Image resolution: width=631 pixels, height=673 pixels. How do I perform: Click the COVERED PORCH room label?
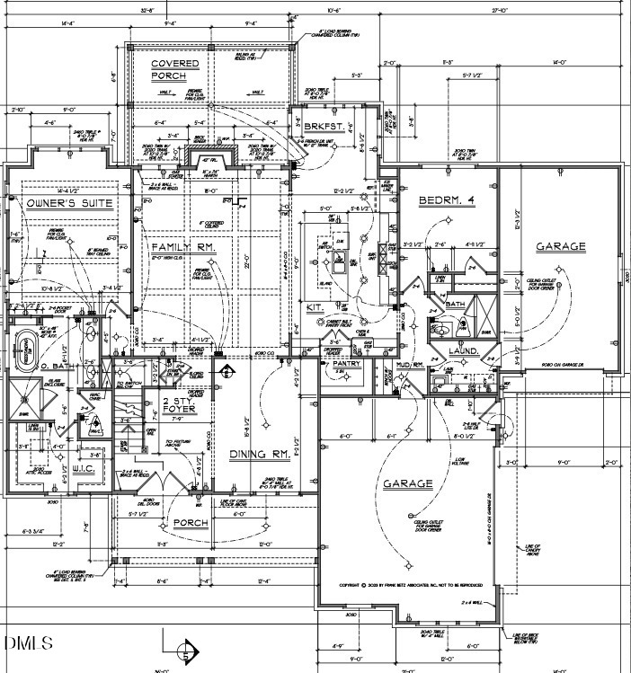coord(175,70)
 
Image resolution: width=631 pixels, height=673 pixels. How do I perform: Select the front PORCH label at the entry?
coord(191,523)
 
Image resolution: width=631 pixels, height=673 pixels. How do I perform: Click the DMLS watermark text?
coord(28,643)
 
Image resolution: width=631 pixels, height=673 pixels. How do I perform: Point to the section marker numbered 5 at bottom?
coord(186,649)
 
